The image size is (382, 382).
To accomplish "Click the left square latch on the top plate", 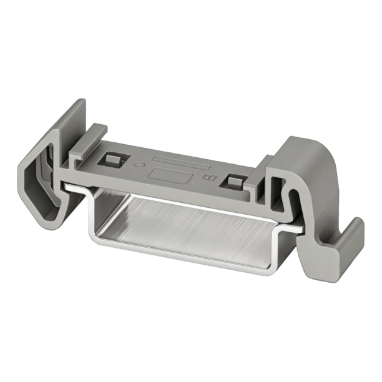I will [113, 159].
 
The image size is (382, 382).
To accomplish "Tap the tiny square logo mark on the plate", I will [210, 179].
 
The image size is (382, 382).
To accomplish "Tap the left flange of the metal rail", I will [75, 187].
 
